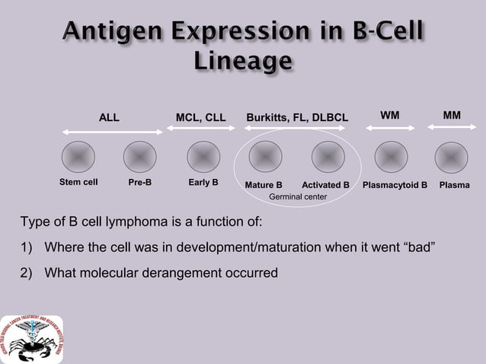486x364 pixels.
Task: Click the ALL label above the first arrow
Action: coord(109,117)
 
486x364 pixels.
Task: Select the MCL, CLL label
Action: coord(200,117)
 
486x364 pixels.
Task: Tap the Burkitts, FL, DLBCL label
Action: coord(296,117)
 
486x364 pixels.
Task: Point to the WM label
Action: coord(389,115)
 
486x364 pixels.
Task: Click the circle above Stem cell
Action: coord(78,157)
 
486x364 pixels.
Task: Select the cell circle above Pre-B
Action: coord(140,157)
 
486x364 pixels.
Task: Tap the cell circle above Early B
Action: coord(203,157)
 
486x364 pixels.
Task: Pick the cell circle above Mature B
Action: coord(264,157)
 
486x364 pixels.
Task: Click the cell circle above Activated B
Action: coord(328,157)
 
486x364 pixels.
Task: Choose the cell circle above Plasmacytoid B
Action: coord(391,157)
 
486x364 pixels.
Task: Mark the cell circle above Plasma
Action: coord(451,157)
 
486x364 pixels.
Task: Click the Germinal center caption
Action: coord(298,197)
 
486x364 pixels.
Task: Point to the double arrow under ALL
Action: coord(112,133)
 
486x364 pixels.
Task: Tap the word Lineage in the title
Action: coord(242,60)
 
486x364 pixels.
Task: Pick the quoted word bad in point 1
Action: coord(418,248)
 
